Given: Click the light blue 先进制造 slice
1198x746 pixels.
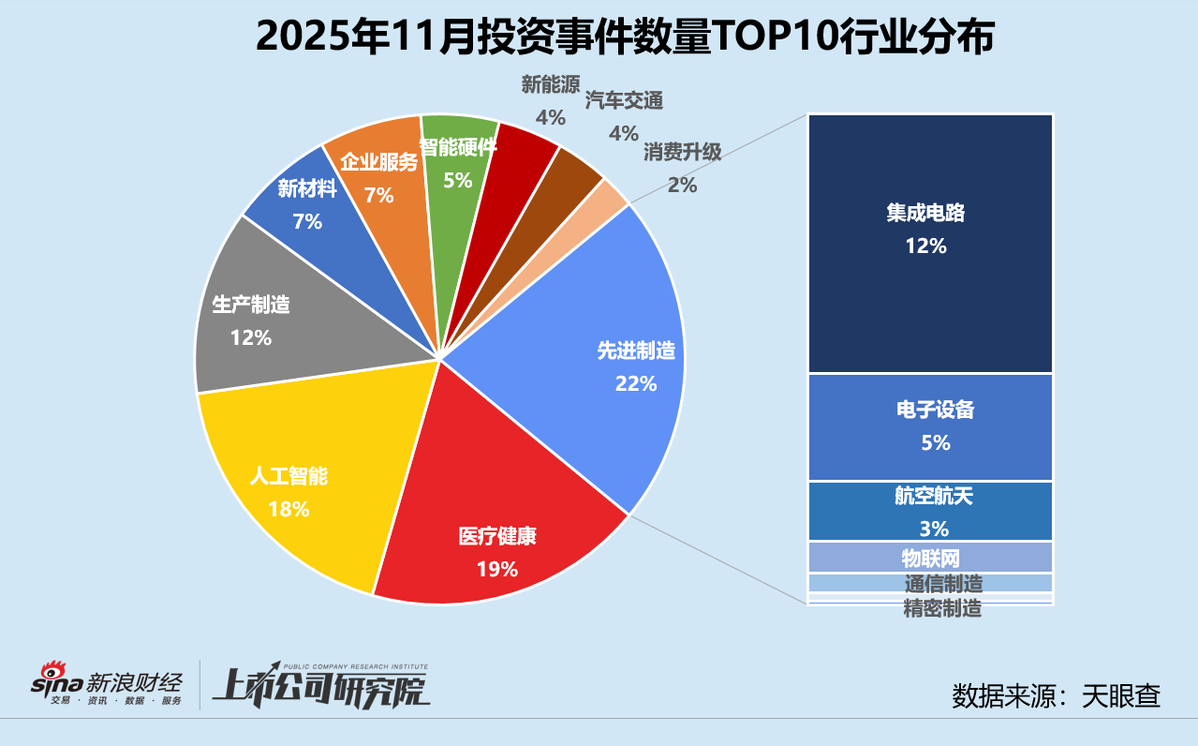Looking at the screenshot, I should pyautogui.click(x=599, y=356).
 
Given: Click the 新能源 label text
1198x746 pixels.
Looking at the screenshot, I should pyautogui.click(x=550, y=85).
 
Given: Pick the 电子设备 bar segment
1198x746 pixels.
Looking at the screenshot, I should pyautogui.click(x=930, y=426).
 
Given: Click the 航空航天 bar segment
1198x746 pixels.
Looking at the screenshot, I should pyautogui.click(x=930, y=511).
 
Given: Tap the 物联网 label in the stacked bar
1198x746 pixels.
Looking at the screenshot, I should pyautogui.click(x=930, y=559).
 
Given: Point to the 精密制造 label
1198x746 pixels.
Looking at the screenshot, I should pyautogui.click(x=942, y=609).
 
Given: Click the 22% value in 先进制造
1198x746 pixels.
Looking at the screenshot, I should pyautogui.click(x=636, y=383).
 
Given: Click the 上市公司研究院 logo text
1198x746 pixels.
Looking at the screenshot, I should pyautogui.click(x=318, y=686).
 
